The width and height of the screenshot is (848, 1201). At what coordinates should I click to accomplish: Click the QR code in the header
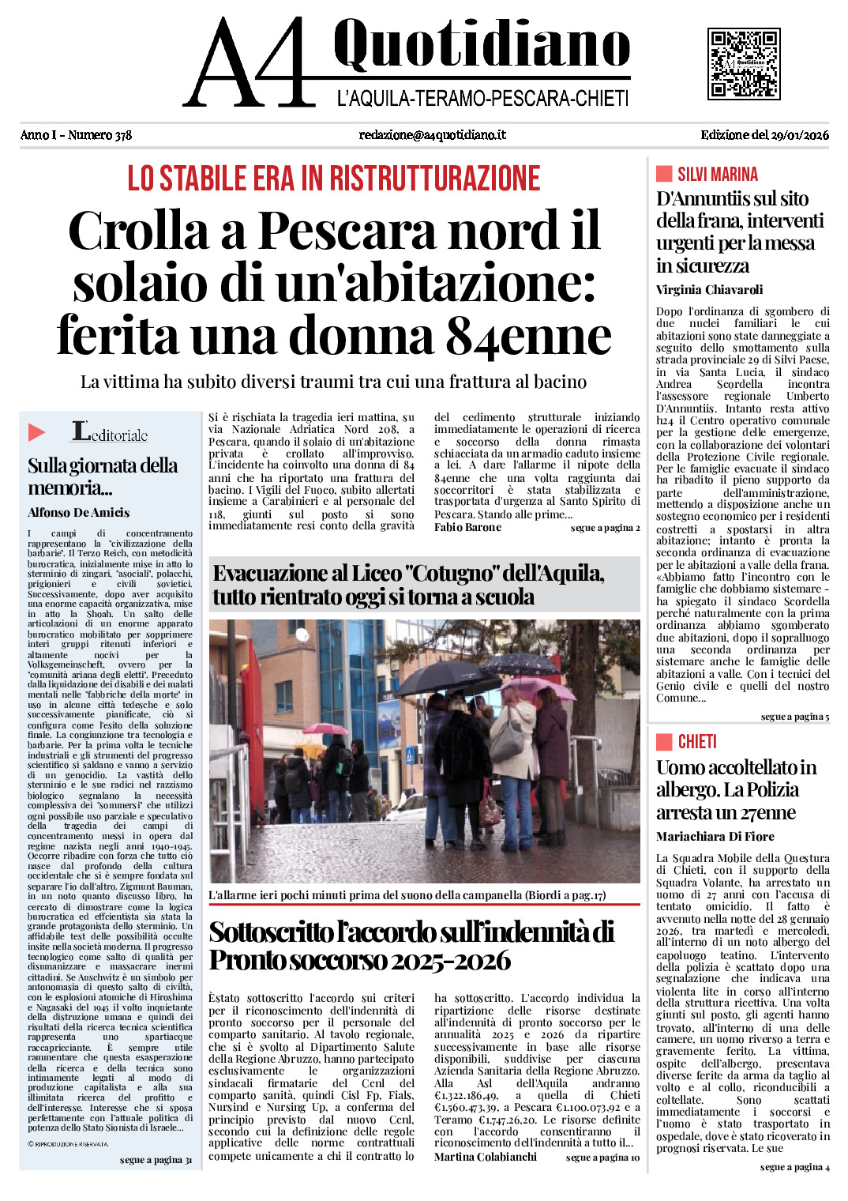point(744,63)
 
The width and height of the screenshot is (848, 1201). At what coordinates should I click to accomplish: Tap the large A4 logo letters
point(251,65)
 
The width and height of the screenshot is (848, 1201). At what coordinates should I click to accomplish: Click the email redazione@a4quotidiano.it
point(432,135)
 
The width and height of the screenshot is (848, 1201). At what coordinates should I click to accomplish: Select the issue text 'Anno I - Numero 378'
point(76,135)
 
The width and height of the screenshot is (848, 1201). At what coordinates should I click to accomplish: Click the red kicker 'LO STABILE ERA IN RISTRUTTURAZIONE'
point(334,179)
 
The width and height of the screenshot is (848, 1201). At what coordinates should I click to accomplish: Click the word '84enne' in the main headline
point(528,335)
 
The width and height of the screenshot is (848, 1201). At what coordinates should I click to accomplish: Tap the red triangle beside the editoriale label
point(36,432)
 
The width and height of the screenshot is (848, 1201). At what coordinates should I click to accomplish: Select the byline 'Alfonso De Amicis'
point(78,513)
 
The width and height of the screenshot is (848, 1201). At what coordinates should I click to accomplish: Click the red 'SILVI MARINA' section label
point(717,175)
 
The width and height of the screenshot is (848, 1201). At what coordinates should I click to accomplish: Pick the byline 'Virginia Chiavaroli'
point(709,290)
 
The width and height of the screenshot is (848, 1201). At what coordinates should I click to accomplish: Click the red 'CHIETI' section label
point(696,742)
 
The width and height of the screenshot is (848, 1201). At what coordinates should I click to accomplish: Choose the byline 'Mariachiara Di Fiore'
point(715,837)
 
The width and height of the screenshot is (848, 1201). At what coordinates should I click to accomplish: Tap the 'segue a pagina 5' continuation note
point(794,717)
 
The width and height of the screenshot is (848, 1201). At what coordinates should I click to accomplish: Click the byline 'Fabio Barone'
point(467,528)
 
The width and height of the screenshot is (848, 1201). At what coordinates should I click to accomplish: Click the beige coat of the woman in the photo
point(514,739)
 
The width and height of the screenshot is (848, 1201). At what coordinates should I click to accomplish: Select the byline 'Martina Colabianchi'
point(485,1157)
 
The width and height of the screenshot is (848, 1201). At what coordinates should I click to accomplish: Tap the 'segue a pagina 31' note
point(156,1160)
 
